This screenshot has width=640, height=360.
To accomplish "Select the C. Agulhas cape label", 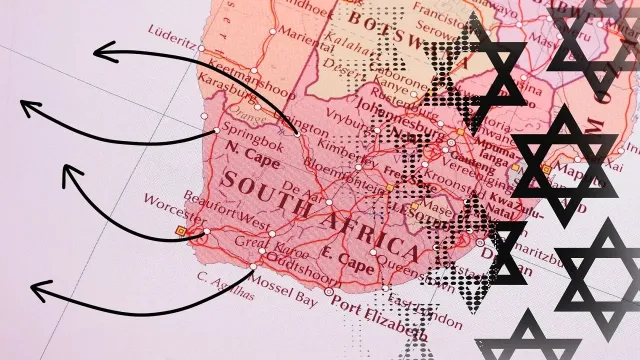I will (221, 279).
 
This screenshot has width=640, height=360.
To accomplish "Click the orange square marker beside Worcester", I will (181, 232).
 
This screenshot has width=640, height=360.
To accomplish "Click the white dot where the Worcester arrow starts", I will (207, 234).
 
